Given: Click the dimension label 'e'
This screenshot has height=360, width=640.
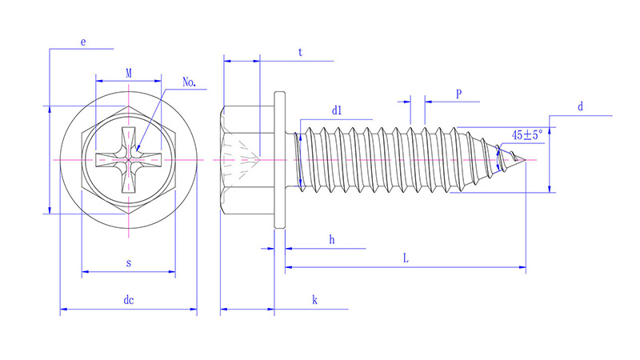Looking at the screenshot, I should (83, 41).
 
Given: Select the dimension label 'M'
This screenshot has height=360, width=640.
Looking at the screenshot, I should (129, 73).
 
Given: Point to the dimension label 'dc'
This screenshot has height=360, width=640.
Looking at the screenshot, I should (128, 300).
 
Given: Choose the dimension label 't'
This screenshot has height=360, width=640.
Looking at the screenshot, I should (300, 52).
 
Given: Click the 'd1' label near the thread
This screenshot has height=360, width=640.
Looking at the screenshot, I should (337, 111).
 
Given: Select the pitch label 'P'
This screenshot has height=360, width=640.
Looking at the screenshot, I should (458, 94).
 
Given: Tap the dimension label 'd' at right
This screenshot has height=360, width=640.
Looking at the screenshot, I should (581, 106).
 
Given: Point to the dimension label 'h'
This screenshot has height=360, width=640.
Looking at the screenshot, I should (331, 239).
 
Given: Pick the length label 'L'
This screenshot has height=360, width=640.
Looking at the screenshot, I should (406, 258).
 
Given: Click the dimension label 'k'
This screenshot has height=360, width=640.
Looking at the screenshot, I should (315, 300).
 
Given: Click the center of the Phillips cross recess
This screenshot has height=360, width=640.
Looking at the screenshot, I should (129, 160).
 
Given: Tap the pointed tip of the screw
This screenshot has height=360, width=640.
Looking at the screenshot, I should (526, 160).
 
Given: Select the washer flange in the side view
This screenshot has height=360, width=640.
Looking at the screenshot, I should (279, 160).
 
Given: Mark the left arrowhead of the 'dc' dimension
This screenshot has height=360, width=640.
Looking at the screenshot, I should (63, 309).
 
